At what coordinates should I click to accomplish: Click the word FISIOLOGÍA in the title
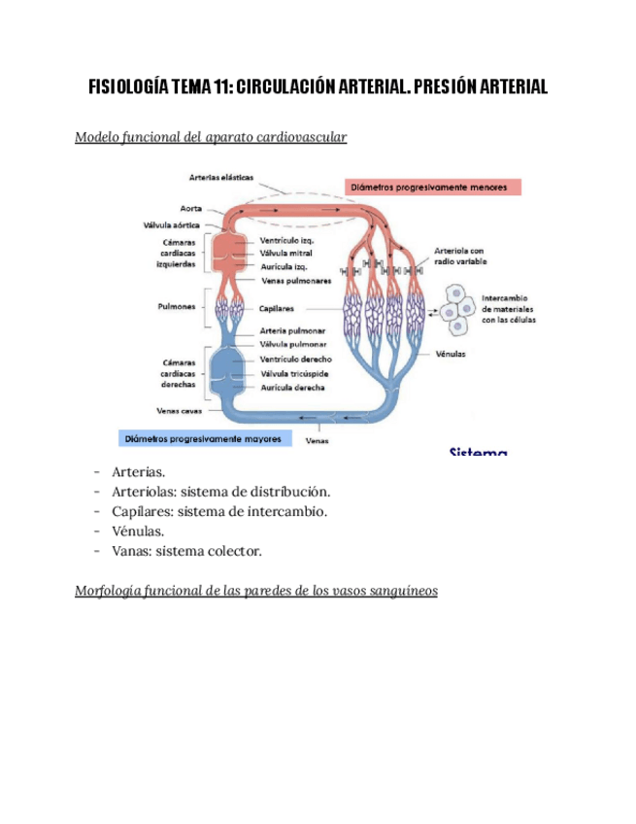[x=128, y=87]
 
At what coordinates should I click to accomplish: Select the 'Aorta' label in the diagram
[x=190, y=208]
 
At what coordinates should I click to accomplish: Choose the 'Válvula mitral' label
[x=286, y=253]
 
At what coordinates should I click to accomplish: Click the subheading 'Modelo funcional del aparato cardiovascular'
[x=211, y=138]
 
